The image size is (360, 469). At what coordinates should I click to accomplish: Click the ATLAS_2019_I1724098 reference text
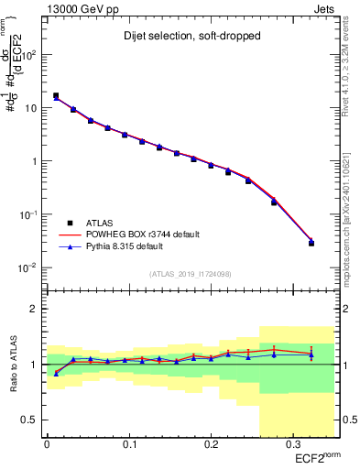pyautogui.click(x=190, y=273)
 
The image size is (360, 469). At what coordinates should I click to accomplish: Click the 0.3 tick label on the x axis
pyautogui.click(x=292, y=444)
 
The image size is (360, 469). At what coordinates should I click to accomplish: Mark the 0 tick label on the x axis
pyautogui.click(x=47, y=444)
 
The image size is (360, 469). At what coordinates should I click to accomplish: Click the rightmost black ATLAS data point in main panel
pyautogui.click(x=311, y=243)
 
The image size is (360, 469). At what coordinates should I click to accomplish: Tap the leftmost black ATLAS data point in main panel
pyautogui.click(x=56, y=95)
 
